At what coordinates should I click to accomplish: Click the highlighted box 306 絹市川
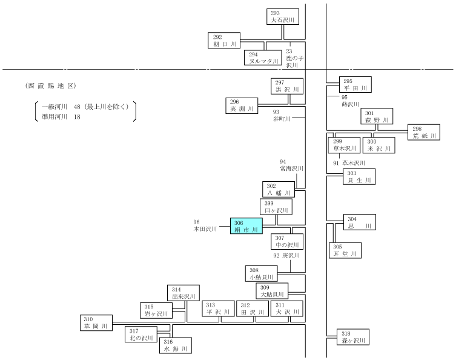[x=246, y=225]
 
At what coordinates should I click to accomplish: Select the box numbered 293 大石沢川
[x=283, y=16]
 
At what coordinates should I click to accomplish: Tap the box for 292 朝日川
[x=224, y=41]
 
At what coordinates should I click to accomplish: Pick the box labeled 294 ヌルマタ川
[x=263, y=58]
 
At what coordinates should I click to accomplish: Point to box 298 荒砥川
[x=424, y=132]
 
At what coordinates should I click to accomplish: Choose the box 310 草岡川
[x=96, y=322]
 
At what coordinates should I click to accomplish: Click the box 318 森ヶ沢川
[x=353, y=337]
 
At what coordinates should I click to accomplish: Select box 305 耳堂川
[x=345, y=250]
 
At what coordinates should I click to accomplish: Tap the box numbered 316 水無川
[x=176, y=345]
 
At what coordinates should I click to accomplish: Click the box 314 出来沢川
[x=183, y=293]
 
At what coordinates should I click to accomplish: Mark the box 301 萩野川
[x=377, y=116]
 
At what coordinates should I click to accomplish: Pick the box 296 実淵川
[x=242, y=105]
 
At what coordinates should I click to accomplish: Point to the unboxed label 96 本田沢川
[x=205, y=225]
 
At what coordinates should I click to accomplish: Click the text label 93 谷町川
[x=282, y=115]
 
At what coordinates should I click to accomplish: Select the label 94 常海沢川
[x=291, y=165]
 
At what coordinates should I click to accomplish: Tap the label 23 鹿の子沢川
[x=294, y=58]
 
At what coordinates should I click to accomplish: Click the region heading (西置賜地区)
[x=51, y=86]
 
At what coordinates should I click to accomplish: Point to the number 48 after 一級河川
[x=77, y=107]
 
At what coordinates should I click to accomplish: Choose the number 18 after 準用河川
[x=77, y=117]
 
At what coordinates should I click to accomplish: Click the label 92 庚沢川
[x=286, y=256]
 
